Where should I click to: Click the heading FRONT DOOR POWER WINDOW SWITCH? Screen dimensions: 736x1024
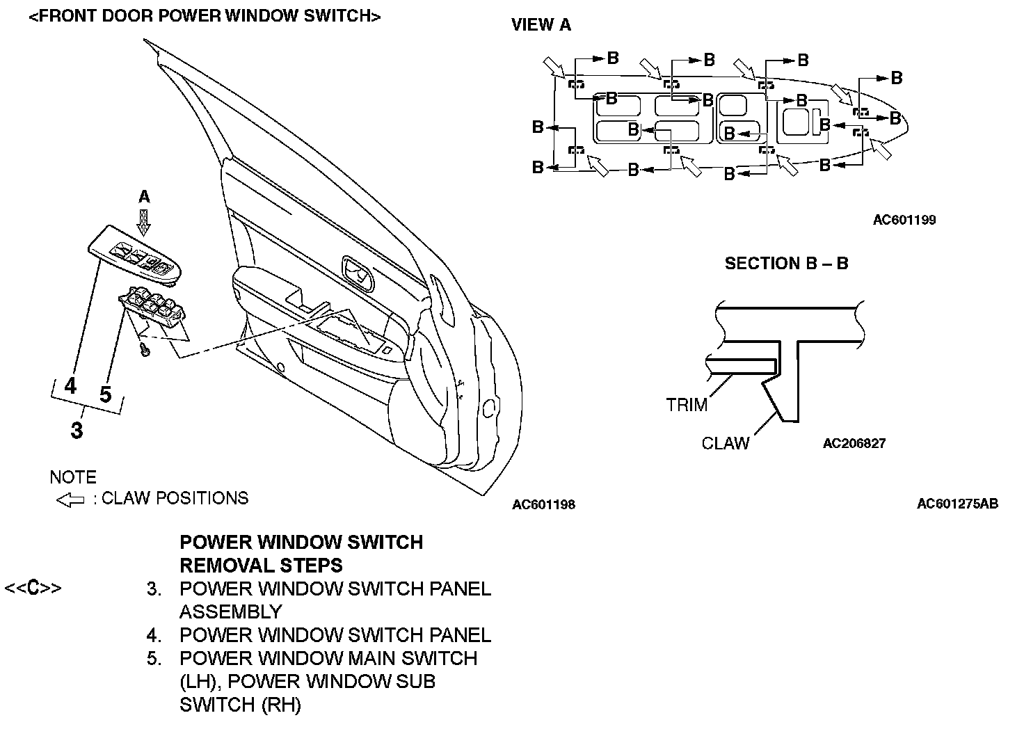click(x=205, y=17)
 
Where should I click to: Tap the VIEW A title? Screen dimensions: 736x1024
click(x=541, y=25)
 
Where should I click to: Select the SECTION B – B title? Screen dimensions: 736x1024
click(x=786, y=264)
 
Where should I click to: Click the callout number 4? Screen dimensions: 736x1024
click(x=70, y=385)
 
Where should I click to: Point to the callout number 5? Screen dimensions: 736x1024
click(x=105, y=394)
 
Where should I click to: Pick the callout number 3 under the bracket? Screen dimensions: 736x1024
click(x=77, y=430)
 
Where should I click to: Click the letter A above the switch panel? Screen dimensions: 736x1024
click(x=144, y=197)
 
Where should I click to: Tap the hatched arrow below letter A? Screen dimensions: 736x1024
click(x=144, y=222)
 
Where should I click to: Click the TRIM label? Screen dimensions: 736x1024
click(x=686, y=405)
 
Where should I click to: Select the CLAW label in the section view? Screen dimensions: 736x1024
click(x=726, y=443)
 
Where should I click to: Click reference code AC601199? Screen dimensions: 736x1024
click(x=904, y=221)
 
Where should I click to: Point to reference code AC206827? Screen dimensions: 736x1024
click(x=854, y=443)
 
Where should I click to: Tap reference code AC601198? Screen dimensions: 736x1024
click(x=543, y=504)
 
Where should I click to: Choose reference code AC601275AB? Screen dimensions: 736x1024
click(x=957, y=504)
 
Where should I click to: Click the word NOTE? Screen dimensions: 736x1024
click(x=73, y=477)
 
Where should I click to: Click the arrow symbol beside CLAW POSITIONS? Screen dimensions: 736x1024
click(x=70, y=499)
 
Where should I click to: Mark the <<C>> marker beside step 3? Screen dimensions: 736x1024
click(x=33, y=588)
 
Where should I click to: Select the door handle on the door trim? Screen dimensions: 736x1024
click(x=357, y=273)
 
